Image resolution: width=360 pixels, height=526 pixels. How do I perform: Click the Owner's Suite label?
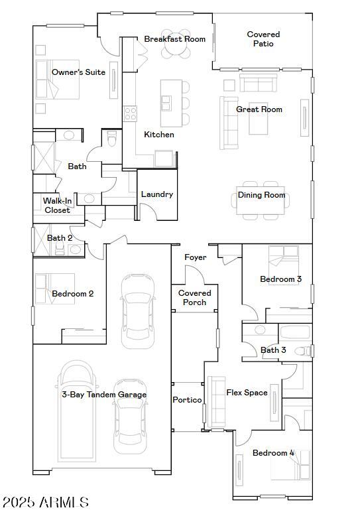coord(78,72)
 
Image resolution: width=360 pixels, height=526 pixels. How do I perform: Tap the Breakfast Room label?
coord(175,39)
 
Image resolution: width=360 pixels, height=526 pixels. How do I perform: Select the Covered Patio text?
coord(263,39)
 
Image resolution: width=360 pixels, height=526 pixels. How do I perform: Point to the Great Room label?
coord(259,109)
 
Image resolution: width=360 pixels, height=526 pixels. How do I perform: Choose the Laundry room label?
coord(157,194)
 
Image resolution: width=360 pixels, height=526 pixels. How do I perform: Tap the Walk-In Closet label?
coord(57,206)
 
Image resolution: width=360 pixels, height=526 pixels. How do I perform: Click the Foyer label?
coord(195,257)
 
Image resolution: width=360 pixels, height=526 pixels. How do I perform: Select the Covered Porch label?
coord(195,298)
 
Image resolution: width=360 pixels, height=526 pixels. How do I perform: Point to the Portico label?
coord(187,400)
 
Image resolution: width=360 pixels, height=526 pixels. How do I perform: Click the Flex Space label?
coord(247,393)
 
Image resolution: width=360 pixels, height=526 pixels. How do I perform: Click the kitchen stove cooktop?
coord(129,114)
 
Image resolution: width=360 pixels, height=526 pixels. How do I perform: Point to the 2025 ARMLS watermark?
coord(45,503)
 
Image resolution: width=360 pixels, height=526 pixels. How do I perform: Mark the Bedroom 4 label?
coord(273,453)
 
